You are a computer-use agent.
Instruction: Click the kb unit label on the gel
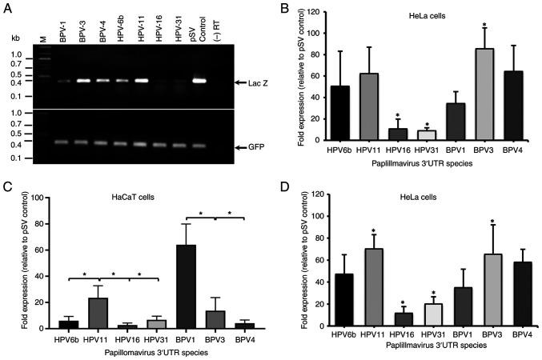tap(14, 37)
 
